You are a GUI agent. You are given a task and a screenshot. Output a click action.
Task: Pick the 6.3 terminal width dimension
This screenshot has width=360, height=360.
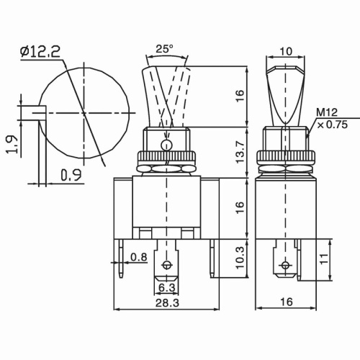(x=167, y=288)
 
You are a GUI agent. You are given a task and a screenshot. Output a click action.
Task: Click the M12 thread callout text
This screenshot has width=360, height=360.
(x=328, y=112)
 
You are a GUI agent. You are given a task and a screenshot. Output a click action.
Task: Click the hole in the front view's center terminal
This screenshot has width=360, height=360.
(x=167, y=265)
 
